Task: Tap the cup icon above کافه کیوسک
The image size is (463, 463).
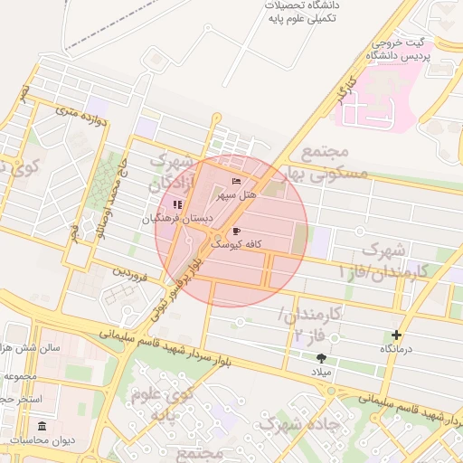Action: pyautogui.click(x=237, y=231)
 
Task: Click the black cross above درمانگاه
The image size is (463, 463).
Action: pyautogui.click(x=396, y=335)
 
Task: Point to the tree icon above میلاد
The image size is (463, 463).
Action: pyautogui.click(x=321, y=358)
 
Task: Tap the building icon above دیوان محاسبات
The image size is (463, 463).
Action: pyautogui.click(x=42, y=426)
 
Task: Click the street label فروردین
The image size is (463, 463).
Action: pyautogui.click(x=128, y=270)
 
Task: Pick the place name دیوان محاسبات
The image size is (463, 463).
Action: pyautogui.click(x=42, y=440)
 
